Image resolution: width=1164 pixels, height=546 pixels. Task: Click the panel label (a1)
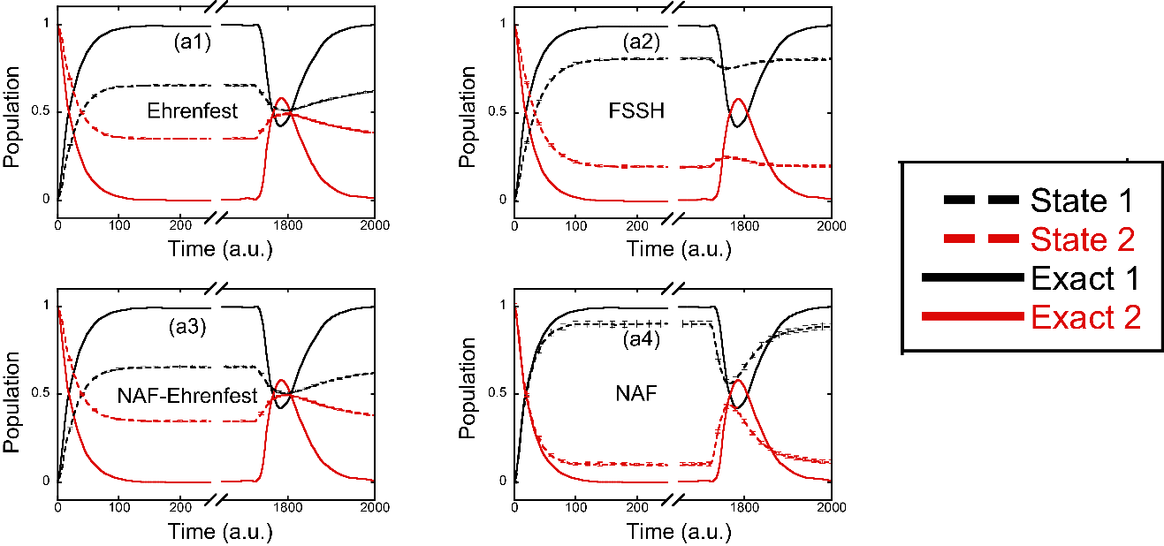193,42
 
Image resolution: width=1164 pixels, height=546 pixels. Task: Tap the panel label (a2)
642,42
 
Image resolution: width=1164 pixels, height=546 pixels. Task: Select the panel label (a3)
187,326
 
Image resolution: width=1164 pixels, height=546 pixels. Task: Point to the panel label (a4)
642,339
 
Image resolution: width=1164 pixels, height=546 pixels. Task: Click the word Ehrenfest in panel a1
193,110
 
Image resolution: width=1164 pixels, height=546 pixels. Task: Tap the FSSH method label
636,110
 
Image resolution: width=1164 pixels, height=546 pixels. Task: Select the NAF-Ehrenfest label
187,396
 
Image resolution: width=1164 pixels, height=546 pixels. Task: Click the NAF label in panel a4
636,393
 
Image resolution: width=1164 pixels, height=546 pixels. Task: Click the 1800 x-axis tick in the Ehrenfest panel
288,225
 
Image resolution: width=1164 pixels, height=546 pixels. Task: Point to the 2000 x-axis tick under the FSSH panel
832,225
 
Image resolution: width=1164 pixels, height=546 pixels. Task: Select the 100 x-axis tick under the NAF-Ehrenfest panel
119,507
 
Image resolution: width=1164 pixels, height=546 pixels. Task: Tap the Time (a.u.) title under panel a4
679,532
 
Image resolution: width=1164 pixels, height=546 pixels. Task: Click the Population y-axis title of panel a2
468,117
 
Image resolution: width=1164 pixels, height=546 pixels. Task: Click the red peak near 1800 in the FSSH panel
738,99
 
